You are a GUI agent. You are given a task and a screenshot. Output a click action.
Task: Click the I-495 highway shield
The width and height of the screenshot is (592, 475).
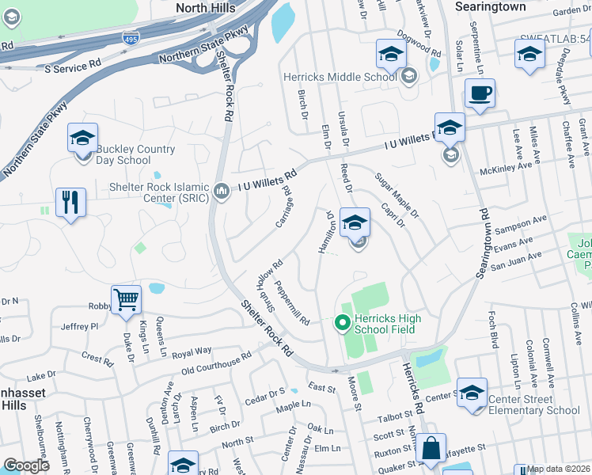coord(131,38)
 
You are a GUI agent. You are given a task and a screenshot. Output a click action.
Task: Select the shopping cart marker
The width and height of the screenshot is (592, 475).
coord(126,301)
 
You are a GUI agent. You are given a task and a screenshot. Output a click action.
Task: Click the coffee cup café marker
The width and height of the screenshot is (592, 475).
coord(480,94)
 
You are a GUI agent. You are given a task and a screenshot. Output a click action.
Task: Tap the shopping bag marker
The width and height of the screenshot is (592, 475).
coord(432,449)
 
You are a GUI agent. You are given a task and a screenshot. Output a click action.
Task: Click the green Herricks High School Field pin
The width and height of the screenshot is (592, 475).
coord(342,322)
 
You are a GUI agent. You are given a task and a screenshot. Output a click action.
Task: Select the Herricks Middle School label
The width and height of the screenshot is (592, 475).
coord(340,77)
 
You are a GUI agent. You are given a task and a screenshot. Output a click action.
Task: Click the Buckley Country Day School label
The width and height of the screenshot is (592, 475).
coord(123,154)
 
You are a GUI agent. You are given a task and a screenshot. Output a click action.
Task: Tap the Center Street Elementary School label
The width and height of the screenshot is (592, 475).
coord(534,405)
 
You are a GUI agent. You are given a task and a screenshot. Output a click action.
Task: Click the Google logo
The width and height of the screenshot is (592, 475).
coord(27,465)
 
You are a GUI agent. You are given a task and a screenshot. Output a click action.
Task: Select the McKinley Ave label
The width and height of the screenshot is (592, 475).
coord(509,169)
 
